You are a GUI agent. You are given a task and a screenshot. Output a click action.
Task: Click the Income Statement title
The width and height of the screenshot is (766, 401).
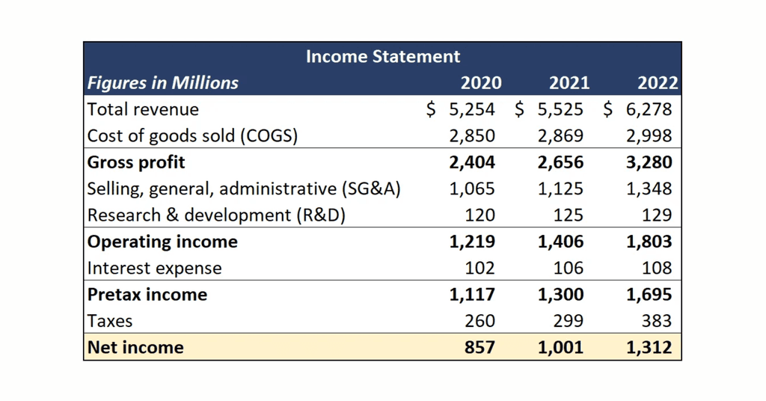tap(382, 56)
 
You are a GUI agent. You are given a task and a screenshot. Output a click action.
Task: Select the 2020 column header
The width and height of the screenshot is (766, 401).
tap(480, 83)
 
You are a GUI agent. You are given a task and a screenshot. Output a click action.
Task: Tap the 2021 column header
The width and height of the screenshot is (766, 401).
tap(569, 83)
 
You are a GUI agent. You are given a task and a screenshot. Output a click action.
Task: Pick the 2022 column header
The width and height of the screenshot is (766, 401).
tap(657, 83)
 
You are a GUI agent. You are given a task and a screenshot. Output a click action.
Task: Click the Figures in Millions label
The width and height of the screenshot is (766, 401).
tap(163, 83)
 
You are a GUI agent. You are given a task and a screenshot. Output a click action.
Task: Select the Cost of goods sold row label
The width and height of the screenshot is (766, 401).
tap(192, 136)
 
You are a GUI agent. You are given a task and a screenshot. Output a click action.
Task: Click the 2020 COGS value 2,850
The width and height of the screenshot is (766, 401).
tap(472, 136)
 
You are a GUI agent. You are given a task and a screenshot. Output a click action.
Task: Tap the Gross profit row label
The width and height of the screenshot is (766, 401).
tap(136, 162)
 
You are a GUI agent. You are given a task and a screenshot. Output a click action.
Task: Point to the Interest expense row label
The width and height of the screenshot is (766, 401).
tap(154, 268)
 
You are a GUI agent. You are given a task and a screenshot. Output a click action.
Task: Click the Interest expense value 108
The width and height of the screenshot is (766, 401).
tap(656, 268)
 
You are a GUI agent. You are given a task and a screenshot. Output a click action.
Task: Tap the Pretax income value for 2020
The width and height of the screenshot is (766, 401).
tap(472, 295)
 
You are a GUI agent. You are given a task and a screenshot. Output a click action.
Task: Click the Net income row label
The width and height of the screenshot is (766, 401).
tap(135, 347)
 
